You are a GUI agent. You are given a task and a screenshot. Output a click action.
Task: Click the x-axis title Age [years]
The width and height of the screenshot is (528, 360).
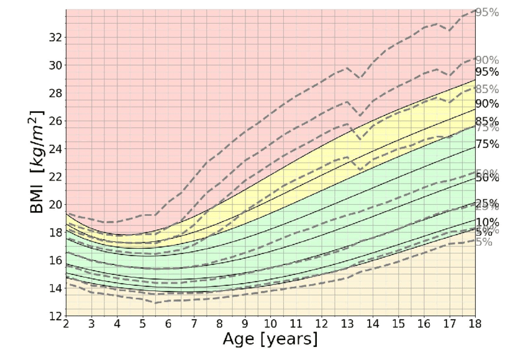coord(270,340)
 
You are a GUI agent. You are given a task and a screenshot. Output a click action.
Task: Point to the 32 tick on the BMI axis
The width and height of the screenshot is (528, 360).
coord(55,37)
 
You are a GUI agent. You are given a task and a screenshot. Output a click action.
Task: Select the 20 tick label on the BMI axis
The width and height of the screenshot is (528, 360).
coord(55,204)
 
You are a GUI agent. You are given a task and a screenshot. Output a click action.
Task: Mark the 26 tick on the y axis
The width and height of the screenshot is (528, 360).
coord(55,120)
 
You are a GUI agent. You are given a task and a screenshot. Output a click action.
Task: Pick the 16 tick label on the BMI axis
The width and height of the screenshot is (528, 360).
coord(55,260)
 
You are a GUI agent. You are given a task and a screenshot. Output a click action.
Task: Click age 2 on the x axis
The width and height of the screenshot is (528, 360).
coord(66,324)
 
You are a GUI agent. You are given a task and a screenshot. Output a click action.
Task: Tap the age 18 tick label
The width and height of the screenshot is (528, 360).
coord(475,324)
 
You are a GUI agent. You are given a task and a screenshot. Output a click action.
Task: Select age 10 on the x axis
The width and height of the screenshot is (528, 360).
coord(270,324)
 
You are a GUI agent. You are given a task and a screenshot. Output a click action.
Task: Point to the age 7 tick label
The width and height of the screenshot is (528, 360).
coord(194,324)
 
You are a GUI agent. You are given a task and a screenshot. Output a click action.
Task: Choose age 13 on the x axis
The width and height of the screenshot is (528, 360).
coord(347,324)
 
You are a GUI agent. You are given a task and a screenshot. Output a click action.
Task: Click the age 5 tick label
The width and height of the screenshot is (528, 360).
coord(142,324)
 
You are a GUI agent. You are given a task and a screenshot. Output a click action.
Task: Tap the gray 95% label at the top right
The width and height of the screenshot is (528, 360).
coord(487,12)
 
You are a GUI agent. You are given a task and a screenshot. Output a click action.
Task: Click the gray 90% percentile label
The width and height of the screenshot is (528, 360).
coord(487,60)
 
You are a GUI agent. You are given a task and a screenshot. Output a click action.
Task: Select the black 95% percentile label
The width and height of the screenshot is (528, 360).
coord(487,71)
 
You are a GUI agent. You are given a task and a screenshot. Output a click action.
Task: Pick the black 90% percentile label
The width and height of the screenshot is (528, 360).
coord(487,104)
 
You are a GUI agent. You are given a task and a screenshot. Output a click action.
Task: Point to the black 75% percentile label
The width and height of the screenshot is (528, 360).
coord(487,144)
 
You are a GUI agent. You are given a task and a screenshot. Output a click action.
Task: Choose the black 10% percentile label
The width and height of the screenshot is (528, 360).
coord(487,222)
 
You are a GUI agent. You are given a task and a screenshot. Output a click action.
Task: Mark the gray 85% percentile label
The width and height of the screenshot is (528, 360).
coord(487,89)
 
